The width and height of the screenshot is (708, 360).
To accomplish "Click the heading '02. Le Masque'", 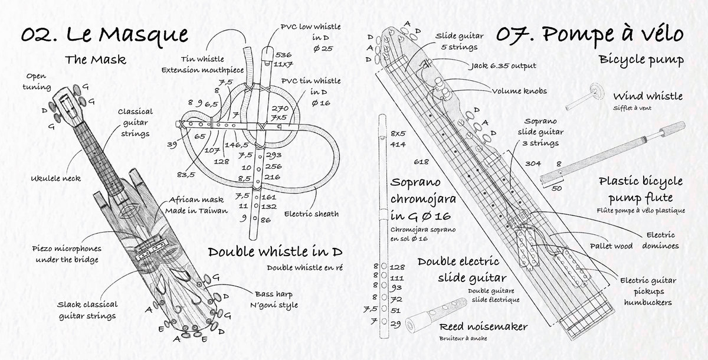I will pos(100,34).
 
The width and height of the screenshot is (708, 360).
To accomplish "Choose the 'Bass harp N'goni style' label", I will pos(276,299).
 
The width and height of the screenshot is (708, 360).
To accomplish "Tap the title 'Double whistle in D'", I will pos(275,251).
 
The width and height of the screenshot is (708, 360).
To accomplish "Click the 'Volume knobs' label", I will pos(513,91).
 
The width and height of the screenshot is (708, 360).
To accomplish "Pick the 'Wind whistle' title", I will pos(648,96).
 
